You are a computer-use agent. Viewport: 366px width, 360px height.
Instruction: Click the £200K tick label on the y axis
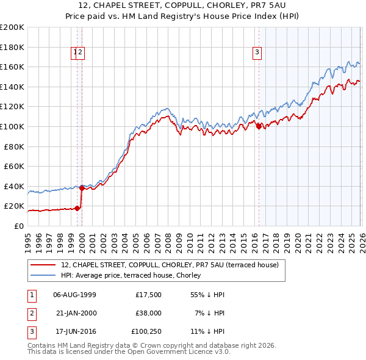pyautogui.click(x=12, y=27)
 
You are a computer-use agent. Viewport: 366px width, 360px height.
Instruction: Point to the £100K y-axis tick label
pyautogui.click(x=12, y=126)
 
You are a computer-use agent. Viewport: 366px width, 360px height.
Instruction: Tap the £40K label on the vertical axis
pyautogui.click(x=13, y=186)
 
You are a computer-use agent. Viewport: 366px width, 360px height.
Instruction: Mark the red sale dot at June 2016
pyautogui.click(x=259, y=126)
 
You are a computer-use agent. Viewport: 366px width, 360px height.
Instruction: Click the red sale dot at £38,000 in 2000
pyautogui.click(x=82, y=188)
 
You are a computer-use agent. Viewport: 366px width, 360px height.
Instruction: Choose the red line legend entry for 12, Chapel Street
pyautogui.click(x=170, y=265)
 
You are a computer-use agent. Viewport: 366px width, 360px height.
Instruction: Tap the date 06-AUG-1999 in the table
pyautogui.click(x=74, y=295)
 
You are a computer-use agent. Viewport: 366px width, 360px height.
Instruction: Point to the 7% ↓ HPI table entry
pyautogui.click(x=212, y=314)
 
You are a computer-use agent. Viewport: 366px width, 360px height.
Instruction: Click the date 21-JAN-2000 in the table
pyautogui.click(x=74, y=314)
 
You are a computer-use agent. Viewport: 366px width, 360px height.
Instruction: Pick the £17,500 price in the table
pyautogui.click(x=148, y=295)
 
